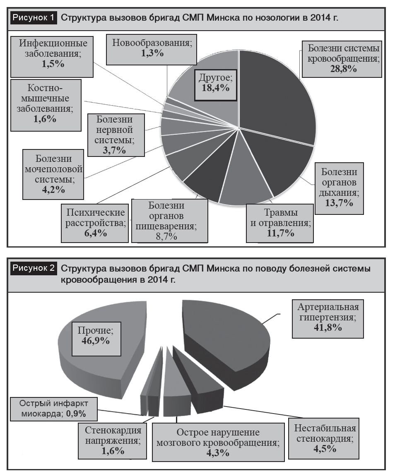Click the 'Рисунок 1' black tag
tap(34, 17)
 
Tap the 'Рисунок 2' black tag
tap(34, 268)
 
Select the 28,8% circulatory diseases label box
tap(342, 59)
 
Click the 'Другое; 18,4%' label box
tap(215, 85)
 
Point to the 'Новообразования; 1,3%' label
tap(152, 49)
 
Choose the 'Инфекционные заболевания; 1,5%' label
tap(52, 57)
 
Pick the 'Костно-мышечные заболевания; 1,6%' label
tap(46, 105)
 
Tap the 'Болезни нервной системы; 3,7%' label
tap(116, 135)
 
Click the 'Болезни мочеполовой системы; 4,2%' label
tap(53, 174)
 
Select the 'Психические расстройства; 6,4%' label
tap(95, 223)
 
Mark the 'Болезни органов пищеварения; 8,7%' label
tap(170, 221)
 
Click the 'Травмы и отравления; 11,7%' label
tap(280, 223)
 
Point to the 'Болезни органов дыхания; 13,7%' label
tap(339, 188)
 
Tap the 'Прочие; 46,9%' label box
tap(96, 339)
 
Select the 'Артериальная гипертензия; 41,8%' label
tap(328, 319)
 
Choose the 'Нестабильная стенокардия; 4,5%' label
tap(324, 438)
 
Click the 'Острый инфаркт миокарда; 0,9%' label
tap(54, 409)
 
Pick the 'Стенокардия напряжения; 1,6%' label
tap(112, 441)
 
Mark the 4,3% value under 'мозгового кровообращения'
tap(218, 453)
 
